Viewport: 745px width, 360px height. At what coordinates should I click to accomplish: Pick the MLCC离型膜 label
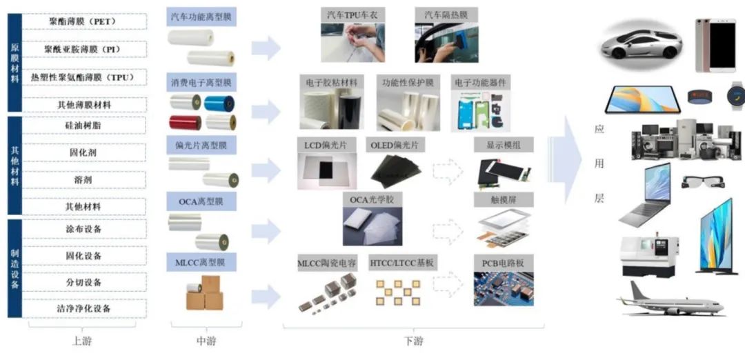202,262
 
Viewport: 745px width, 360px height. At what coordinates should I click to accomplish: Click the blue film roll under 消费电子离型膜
220,103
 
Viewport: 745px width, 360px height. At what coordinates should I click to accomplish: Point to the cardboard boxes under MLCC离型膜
204,294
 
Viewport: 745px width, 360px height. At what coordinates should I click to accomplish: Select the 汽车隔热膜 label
446,14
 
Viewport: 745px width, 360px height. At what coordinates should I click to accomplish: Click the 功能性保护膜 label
408,82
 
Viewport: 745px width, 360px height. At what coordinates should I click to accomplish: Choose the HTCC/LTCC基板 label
403,263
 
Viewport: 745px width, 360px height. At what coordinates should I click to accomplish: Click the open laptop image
644,196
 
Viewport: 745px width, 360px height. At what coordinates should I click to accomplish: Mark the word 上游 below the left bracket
81,341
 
